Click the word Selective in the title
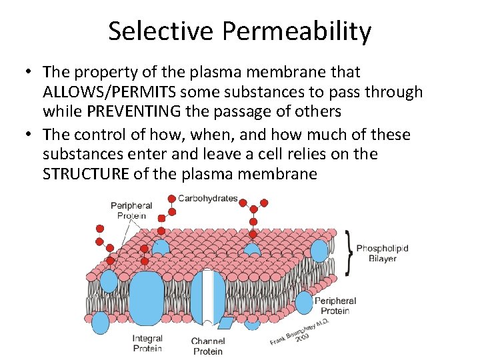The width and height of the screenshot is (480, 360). click(x=159, y=31)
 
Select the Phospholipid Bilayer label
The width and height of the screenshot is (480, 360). click(x=382, y=253)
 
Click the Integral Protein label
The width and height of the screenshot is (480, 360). click(x=147, y=343)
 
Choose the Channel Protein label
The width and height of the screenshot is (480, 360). click(x=208, y=345)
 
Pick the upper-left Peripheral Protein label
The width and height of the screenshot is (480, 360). click(x=131, y=211)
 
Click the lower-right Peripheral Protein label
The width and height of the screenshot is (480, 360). click(x=335, y=306)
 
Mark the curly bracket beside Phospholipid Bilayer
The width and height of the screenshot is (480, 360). click(x=348, y=253)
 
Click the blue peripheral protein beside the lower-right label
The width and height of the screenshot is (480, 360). click(x=304, y=302)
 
